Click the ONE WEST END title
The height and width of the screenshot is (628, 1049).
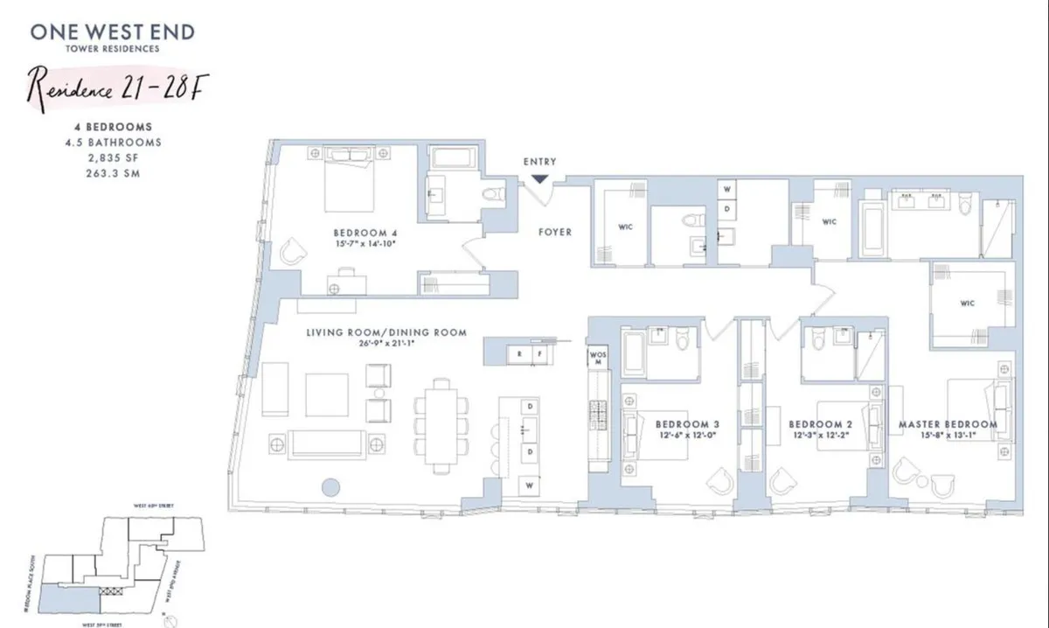[113, 32]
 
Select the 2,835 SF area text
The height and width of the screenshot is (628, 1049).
[113, 157]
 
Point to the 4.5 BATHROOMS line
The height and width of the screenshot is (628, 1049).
[113, 142]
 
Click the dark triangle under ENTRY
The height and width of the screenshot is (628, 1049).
[539, 178]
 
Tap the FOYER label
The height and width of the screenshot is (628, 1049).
[555, 232]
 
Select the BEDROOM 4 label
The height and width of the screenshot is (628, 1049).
[365, 233]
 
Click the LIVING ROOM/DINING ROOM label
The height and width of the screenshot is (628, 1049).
[386, 332]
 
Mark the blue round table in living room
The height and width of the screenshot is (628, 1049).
[330, 487]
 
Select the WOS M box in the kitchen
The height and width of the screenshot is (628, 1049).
[598, 358]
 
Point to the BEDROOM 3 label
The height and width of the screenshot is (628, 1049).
[687, 424]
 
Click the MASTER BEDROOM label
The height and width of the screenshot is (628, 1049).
[948, 424]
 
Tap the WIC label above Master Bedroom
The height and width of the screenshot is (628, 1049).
[967, 304]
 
